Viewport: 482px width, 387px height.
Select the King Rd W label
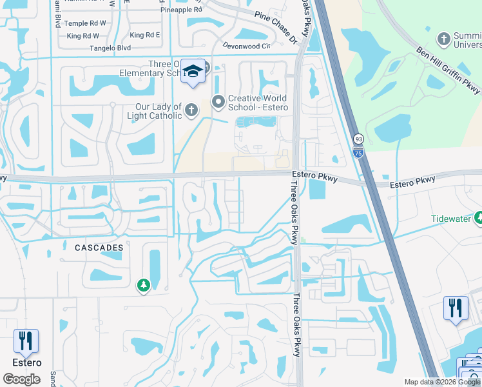click(x=82, y=35)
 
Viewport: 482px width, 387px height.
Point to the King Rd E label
click(x=144, y=35)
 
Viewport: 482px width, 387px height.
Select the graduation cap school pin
click(x=192, y=72)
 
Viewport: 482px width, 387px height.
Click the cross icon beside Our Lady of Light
click(x=191, y=111)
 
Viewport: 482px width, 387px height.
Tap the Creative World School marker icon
click(x=218, y=101)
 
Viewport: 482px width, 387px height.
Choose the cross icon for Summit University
click(x=443, y=40)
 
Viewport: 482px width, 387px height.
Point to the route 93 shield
click(x=358, y=139)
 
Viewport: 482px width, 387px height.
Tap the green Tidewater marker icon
click(x=478, y=219)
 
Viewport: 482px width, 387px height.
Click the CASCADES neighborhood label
click(x=99, y=248)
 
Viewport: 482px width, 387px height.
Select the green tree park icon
click(x=143, y=285)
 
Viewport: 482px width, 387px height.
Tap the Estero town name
click(x=26, y=362)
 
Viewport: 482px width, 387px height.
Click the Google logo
click(x=21, y=379)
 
